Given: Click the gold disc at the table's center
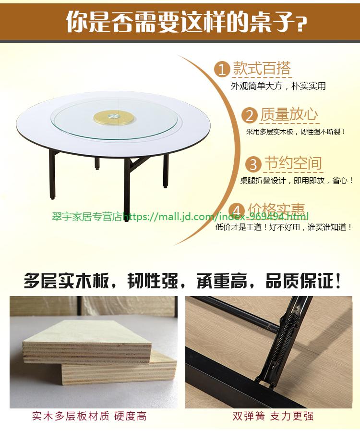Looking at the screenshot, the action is [x=114, y=118].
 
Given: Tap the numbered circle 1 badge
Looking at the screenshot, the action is [x=222, y=69].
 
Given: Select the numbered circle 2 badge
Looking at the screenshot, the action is [x=249, y=115].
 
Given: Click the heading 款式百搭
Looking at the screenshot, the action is [x=262, y=68].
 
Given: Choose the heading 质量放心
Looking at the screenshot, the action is [x=289, y=115].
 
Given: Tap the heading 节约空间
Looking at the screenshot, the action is [x=293, y=163].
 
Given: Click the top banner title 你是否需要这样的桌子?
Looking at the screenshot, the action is [x=186, y=22].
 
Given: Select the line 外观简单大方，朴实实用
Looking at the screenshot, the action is [x=278, y=86].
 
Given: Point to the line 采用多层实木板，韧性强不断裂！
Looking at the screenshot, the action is [x=296, y=132].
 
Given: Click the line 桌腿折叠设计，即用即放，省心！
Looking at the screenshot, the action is [x=297, y=181].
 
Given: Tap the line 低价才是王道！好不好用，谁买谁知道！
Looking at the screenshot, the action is [x=284, y=227].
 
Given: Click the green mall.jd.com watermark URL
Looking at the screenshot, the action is [x=216, y=217].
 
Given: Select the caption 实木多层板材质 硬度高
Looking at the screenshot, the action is [x=89, y=416].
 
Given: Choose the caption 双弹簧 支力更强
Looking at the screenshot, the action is [x=273, y=416].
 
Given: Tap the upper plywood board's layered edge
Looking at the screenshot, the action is [x=87, y=353].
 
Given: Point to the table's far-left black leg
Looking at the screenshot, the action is [x=52, y=174].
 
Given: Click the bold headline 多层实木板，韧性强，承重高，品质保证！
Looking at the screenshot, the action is [x=182, y=281].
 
